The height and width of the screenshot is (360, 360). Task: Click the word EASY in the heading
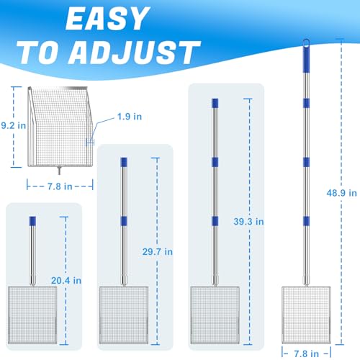tap(107, 19)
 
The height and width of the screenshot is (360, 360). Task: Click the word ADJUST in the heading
tap(135, 53)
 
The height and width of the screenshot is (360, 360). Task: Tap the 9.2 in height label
tap(14, 125)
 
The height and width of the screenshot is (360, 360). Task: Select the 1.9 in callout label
tap(130, 117)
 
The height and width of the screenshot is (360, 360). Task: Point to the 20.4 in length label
tap(66, 281)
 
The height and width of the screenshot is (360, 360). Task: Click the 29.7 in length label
tap(158, 252)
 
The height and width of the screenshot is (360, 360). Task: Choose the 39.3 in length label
tap(248, 222)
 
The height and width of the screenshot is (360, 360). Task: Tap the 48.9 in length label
tap(341, 193)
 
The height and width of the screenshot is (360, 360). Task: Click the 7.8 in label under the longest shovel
tap(307, 354)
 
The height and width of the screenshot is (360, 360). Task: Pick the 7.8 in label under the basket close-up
tap(60, 186)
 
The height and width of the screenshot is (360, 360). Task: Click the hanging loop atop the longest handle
tap(306, 43)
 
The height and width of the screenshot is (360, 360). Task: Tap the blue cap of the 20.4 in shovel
tap(32, 221)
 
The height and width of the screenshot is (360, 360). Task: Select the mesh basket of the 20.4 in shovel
tap(32, 315)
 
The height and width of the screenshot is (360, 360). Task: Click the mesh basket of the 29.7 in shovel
tap(124, 315)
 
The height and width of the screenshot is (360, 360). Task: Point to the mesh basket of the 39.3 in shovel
tap(215, 315)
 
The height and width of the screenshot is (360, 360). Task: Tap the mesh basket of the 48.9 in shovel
tap(306, 315)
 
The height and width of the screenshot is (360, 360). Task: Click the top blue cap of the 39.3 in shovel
tap(215, 103)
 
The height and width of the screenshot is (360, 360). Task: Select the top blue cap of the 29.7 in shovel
tap(124, 162)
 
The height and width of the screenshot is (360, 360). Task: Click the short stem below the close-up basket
tap(59, 171)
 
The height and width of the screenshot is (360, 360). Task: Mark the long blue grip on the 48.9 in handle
tap(306, 59)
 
